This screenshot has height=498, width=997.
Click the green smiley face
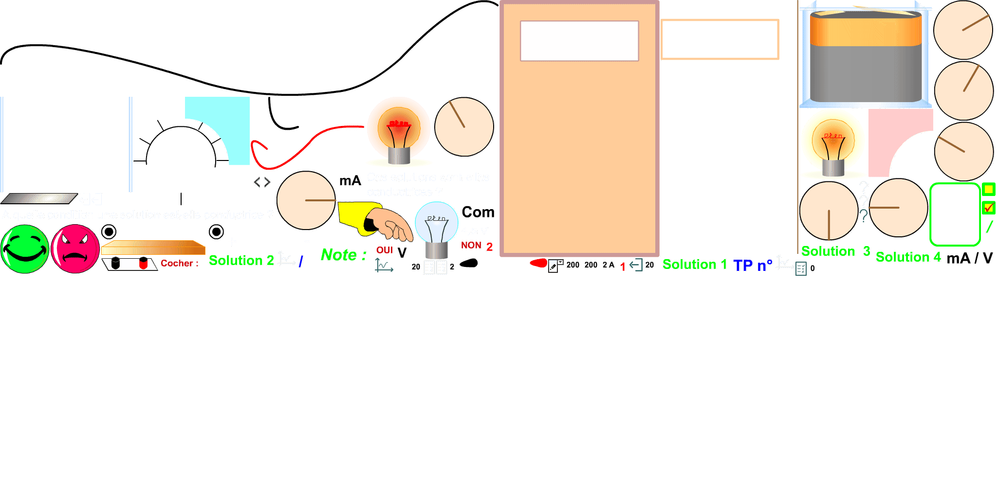25,249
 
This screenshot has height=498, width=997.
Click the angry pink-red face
75,249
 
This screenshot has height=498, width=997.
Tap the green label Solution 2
241,261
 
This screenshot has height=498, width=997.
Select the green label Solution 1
694,265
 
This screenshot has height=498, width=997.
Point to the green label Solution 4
908,257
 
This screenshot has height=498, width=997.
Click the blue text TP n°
752,265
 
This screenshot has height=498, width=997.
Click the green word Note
339,255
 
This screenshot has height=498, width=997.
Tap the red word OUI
384,250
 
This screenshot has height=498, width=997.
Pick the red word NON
471,246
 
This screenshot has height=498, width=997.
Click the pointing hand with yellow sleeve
380,222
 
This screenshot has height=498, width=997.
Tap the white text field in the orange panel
579,41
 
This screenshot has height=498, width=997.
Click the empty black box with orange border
720,39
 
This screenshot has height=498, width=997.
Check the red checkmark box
988,208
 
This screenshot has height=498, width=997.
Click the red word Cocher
179,264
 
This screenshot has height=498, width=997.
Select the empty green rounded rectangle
954,214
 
